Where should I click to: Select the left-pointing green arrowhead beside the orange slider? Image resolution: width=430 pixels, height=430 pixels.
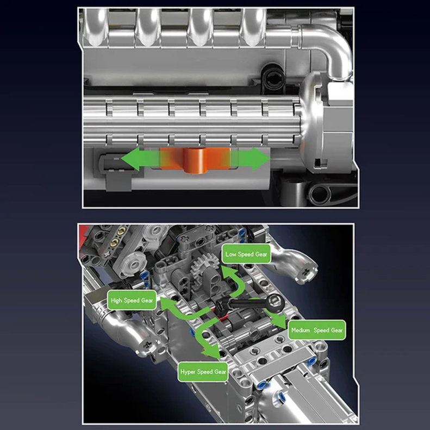click(x=129, y=160)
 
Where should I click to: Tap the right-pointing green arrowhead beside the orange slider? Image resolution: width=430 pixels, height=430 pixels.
click(x=262, y=160)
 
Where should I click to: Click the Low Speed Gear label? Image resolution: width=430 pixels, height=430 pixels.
click(x=246, y=254)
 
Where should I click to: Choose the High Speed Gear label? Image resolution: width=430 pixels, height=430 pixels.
click(x=132, y=300)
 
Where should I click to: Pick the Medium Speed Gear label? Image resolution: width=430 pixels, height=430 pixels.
click(x=317, y=330)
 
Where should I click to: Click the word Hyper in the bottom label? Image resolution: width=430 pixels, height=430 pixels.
click(x=189, y=372)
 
